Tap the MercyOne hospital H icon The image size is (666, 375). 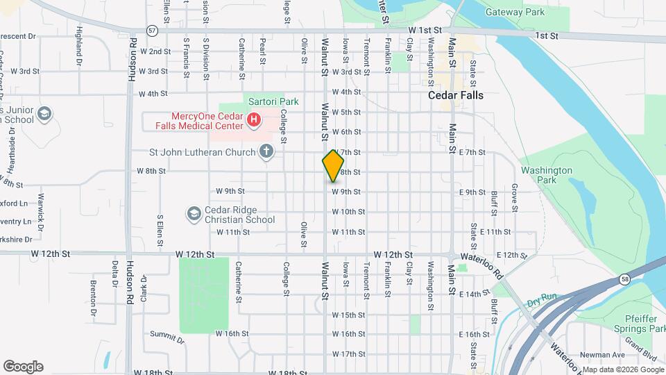tap(254, 121)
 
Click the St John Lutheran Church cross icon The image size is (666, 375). tap(266, 151)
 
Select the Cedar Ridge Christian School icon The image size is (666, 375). tap(194, 212)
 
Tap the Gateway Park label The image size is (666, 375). tap(515, 12)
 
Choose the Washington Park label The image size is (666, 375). tap(547, 174)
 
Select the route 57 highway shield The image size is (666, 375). tap(152, 31)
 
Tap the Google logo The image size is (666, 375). tap(23, 366)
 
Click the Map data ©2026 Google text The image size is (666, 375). tap(621, 369)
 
